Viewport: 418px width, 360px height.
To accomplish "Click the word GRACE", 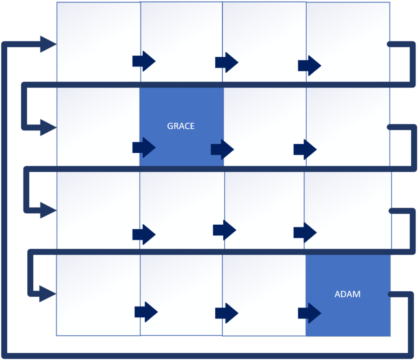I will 181,126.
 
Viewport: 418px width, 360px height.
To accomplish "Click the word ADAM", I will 347,294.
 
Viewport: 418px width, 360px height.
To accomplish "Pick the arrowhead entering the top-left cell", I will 48,44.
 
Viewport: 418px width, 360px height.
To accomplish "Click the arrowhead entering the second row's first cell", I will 48,127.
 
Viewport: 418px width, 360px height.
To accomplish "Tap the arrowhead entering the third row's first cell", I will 48,210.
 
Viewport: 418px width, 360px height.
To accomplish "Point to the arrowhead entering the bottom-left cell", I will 47,294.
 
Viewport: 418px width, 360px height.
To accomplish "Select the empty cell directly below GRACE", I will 182,204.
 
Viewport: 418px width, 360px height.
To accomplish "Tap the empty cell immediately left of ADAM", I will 264,281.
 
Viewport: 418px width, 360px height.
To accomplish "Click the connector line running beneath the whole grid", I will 207,355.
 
